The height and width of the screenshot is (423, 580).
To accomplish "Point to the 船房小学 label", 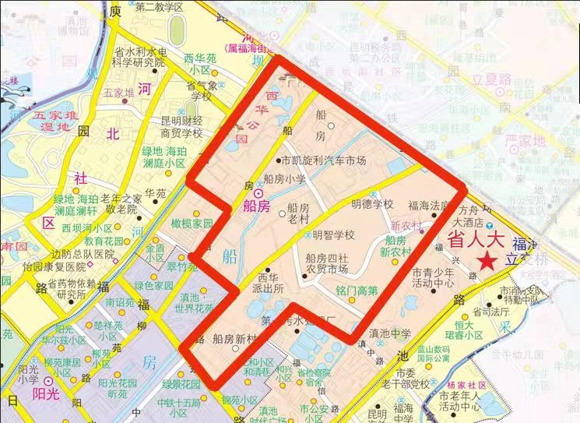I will tap(285, 178).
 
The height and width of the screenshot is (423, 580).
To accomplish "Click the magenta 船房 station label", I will tap(256, 206).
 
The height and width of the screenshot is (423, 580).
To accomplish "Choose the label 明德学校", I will tap(372, 204).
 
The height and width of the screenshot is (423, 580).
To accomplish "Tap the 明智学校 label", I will tap(333, 234).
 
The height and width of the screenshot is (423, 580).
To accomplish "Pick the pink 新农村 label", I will tap(406, 225).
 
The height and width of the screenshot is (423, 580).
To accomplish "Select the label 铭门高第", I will tap(357, 291).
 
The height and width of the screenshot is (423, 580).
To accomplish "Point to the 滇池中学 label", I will tap(390, 333).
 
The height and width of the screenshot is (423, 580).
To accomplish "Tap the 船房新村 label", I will tap(234, 339).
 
